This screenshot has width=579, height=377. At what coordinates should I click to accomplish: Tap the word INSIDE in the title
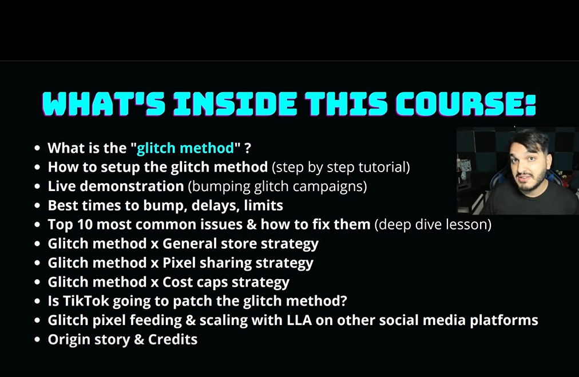[235, 104]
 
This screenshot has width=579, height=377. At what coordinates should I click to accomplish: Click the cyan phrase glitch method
[186, 148]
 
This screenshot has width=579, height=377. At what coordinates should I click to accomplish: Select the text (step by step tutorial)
[341, 167]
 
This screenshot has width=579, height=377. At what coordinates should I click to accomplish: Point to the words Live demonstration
[116, 186]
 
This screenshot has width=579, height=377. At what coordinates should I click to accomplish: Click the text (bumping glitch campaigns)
[277, 186]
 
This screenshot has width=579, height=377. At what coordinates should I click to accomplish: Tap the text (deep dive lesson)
[433, 224]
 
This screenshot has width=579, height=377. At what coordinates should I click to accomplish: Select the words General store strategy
[240, 244]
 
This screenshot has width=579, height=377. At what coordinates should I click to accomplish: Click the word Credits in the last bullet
[173, 339]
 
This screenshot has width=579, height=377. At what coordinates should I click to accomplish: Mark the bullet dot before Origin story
[37, 339]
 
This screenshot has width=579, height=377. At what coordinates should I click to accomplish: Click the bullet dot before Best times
[37, 205]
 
